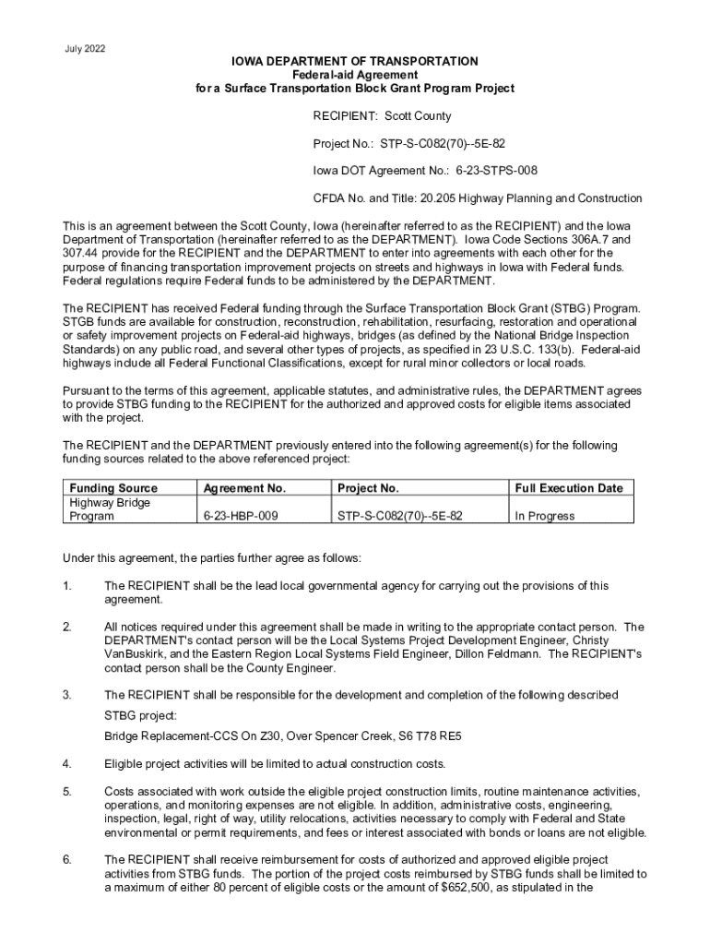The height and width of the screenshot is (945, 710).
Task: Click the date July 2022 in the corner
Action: coord(85,48)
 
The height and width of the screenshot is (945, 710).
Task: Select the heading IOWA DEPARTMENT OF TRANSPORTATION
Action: coord(354,61)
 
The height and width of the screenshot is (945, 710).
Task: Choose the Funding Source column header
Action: coord(113,488)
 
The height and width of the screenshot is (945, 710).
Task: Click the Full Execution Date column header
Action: coord(568,488)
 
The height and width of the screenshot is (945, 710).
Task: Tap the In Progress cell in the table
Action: coord(544,517)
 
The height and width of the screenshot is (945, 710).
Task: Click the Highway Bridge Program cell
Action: coord(110,509)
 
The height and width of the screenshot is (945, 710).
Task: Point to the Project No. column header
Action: coord(368,488)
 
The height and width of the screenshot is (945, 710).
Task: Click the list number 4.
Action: coord(66,764)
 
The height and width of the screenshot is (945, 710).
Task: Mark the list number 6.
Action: coord(66,860)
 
